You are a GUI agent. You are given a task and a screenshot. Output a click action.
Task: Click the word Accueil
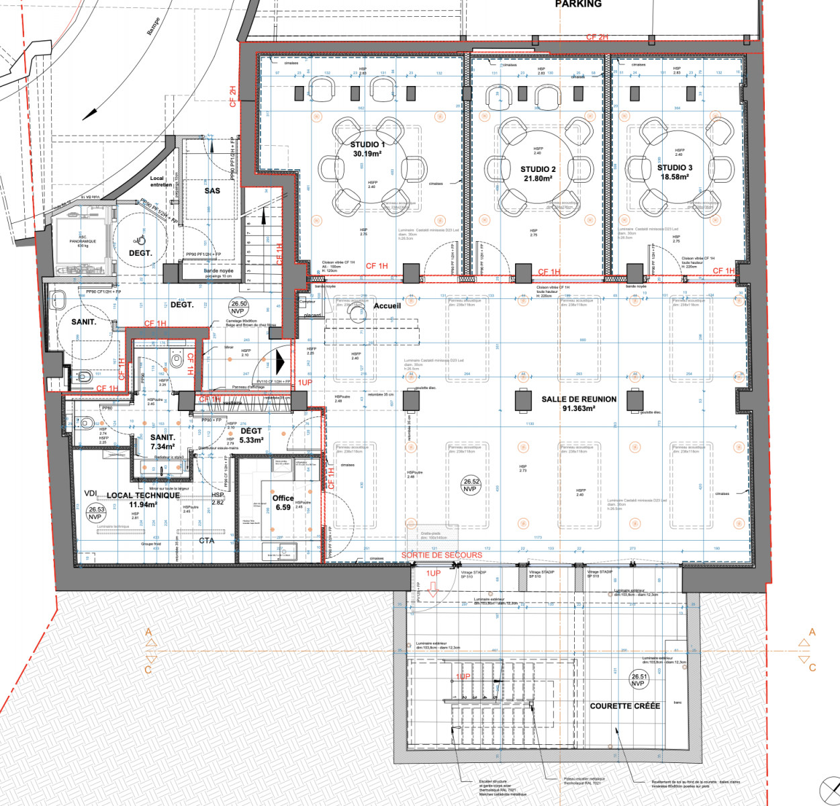pos(387,306)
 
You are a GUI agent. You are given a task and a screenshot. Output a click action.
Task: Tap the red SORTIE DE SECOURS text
pos(441,555)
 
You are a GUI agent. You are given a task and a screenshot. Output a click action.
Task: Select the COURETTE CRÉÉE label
pos(624,706)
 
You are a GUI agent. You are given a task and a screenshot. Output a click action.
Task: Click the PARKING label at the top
pos(578,4)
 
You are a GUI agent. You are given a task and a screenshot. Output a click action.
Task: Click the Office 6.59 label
pos(283,502)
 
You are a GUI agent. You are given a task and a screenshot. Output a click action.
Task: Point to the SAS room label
pos(212,191)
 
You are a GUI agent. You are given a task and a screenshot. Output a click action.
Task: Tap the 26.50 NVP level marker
pos(238,308)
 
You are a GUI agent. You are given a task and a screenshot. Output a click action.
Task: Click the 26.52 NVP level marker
pos(471,485)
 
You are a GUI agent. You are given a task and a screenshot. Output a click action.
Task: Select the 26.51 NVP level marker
pos(639,680)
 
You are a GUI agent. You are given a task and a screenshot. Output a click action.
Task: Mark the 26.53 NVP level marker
pos(95,513)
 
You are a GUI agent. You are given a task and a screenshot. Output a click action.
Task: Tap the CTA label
pos(206,540)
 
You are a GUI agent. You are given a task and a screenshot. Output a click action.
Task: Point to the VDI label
pos(91,494)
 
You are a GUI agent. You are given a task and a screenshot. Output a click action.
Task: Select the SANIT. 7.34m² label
pos(162,442)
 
